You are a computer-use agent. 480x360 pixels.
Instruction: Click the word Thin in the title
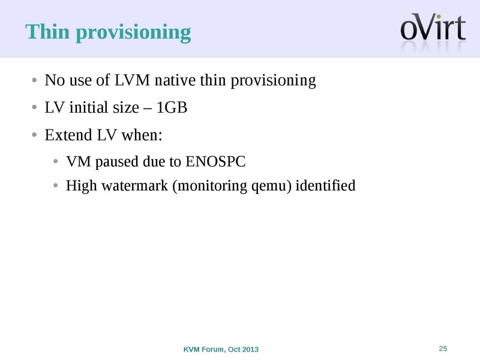(46, 32)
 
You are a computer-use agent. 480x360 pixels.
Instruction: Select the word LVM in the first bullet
(132, 80)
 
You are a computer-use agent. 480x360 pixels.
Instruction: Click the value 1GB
(172, 107)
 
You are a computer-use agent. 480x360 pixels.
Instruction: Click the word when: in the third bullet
(142, 135)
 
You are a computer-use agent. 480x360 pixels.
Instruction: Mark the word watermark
(136, 186)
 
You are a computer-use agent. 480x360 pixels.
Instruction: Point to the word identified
(326, 186)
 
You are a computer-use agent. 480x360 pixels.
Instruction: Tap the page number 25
(444, 349)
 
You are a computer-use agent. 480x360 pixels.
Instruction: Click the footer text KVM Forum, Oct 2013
(221, 349)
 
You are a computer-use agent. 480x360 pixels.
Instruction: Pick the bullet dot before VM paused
(56, 163)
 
